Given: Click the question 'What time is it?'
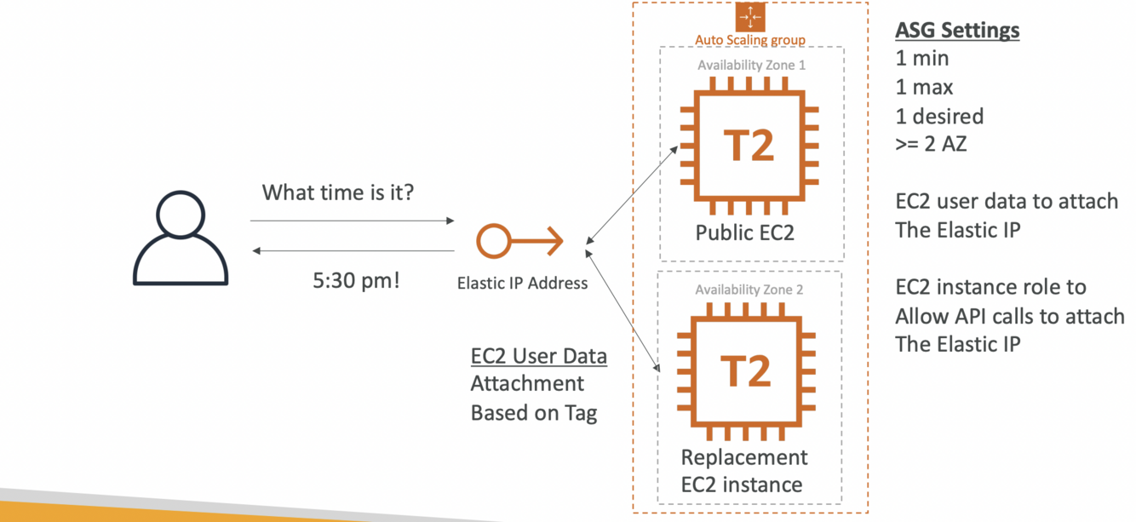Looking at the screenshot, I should tap(337, 192).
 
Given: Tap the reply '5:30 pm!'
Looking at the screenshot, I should tap(356, 280).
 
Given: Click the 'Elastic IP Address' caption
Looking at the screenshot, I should tap(522, 283).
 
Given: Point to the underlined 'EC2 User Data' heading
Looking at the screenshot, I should tap(538, 356).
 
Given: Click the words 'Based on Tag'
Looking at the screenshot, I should tap(534, 413).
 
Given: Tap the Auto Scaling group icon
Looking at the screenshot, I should tap(750, 17).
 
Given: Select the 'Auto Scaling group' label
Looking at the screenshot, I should tap(750, 39).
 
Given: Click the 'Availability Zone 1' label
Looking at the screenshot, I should tap(751, 66).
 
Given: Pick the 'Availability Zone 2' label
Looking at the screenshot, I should tap(749, 290).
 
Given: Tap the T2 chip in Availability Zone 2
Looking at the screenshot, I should tap(746, 371).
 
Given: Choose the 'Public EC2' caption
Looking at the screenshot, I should tap(745, 232).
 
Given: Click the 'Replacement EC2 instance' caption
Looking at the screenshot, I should tap(743, 471).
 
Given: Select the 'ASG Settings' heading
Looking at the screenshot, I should tap(957, 31).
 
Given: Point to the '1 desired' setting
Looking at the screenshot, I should tap(939, 116).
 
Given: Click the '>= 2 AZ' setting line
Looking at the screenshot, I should tap(931, 144).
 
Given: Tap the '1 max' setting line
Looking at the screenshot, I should tap(924, 87).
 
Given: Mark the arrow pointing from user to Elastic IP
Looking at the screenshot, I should tap(352, 221).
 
